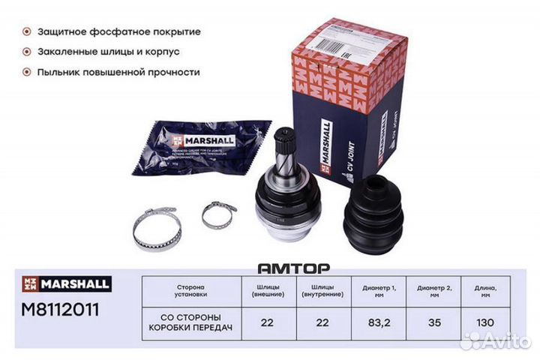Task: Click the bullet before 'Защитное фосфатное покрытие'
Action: coord(27,32)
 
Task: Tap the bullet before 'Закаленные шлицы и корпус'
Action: coord(27,52)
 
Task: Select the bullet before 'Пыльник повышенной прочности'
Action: coord(27,73)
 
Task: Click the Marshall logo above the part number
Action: coord(65,284)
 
